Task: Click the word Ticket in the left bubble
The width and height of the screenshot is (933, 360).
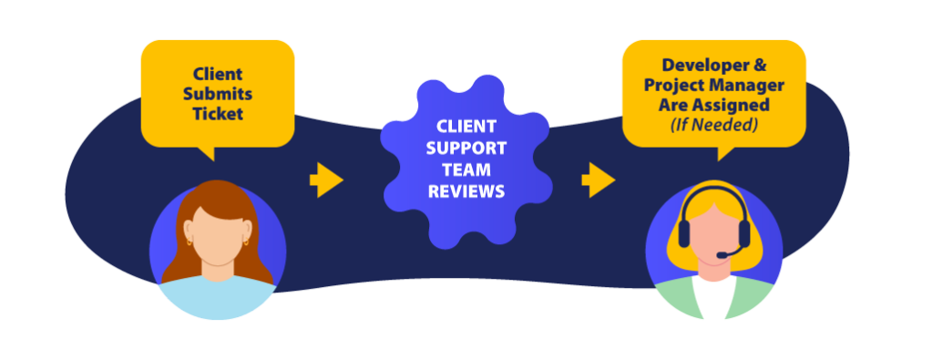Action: click(x=218, y=114)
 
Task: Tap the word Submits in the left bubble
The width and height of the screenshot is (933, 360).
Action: click(x=218, y=94)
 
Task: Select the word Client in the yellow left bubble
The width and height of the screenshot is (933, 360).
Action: click(x=218, y=75)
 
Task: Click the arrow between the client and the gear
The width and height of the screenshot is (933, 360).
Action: click(x=326, y=180)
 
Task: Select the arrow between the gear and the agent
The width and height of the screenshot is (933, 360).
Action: click(x=598, y=180)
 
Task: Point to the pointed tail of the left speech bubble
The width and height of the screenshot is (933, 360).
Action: click(x=210, y=156)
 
